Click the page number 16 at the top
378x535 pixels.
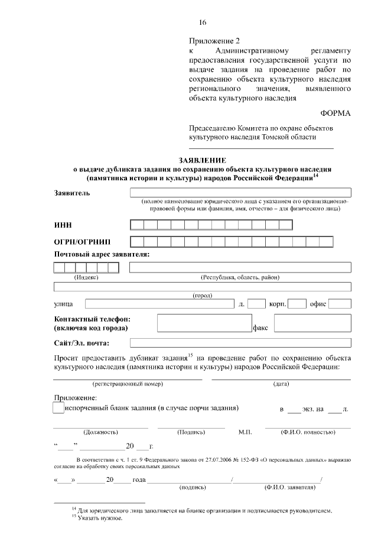point(203,22)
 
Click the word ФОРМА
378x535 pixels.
point(335,113)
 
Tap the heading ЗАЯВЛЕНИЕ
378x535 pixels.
point(202,160)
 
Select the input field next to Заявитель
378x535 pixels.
point(240,192)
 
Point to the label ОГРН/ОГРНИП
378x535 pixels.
point(82,242)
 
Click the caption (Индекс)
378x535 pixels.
point(86,277)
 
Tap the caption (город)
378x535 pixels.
point(202,295)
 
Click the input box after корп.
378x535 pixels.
point(296,304)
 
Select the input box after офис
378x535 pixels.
point(340,304)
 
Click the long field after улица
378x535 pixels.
point(159,304)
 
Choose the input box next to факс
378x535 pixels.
point(312,323)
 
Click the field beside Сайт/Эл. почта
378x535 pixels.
point(240,342)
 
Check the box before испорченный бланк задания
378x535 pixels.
point(58,408)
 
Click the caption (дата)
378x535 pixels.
point(281,384)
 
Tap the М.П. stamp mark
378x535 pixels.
point(245,432)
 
